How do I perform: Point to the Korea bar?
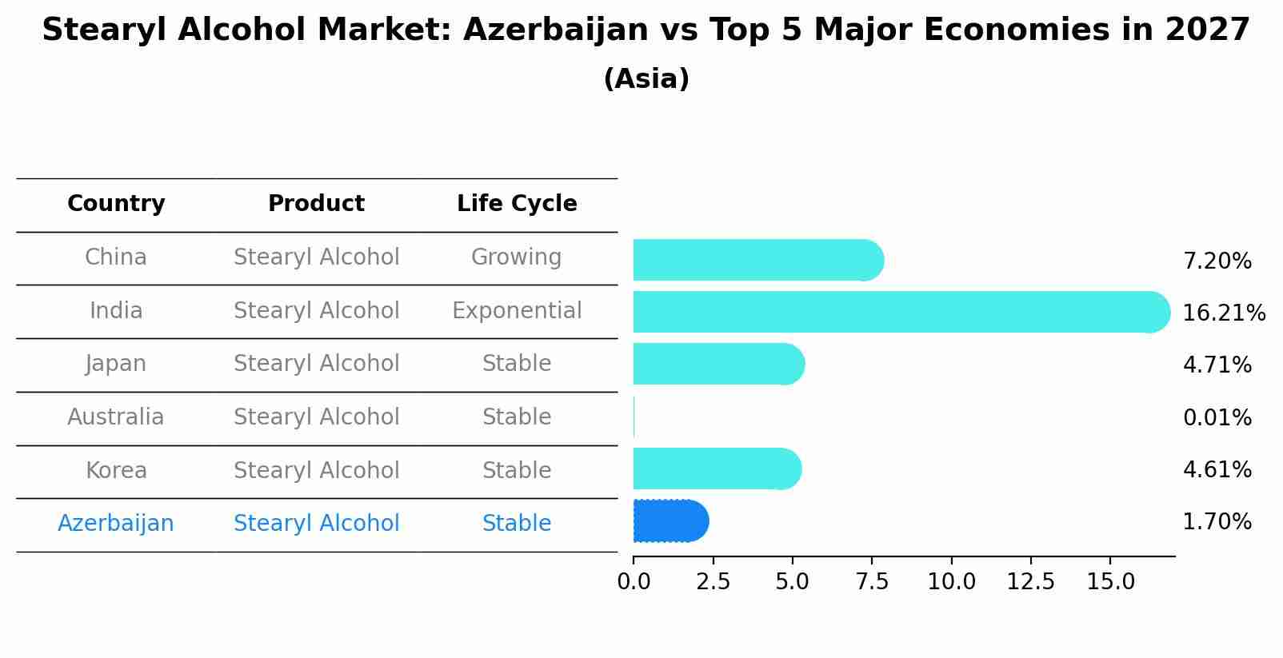point(717,469)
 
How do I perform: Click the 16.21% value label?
point(1223,313)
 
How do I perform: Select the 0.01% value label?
point(1217,417)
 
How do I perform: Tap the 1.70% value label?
point(1217,522)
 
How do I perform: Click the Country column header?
point(116,204)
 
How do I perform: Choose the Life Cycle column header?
point(517,204)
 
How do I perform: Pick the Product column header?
point(316,204)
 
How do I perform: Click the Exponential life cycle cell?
point(517,310)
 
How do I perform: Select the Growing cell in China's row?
point(516,257)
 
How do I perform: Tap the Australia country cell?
point(116,417)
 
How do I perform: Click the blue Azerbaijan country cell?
point(116,524)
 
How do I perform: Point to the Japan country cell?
point(116,364)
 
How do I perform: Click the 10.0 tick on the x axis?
point(951,582)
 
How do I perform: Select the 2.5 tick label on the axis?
point(713,582)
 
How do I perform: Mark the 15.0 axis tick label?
point(1110,582)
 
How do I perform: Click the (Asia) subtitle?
point(646,79)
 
